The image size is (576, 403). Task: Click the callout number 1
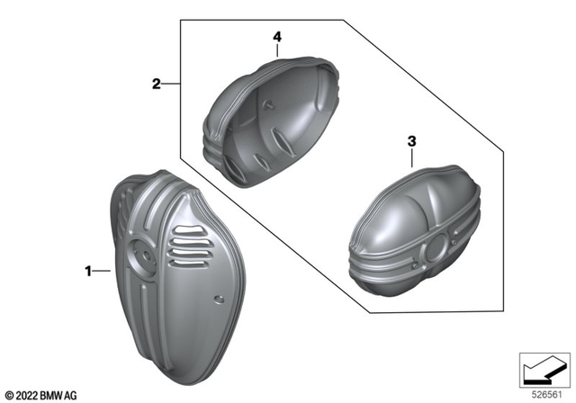point(88,269)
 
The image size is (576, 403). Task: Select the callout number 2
point(156,85)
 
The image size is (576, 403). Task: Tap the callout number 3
point(411,141)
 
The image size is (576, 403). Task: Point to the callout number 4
point(278,37)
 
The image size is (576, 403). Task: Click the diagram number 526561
point(544,394)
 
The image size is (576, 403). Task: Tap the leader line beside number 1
point(101,269)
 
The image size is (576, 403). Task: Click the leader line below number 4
point(278,49)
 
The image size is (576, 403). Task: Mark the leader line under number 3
point(411,160)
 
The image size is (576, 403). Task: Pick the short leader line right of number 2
point(171,85)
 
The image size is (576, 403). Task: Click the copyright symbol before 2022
point(9,394)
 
